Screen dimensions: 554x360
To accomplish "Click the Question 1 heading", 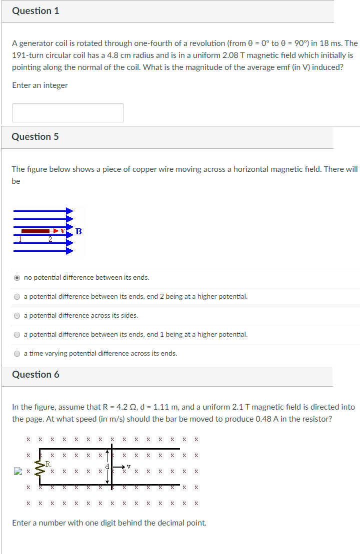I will (35, 11).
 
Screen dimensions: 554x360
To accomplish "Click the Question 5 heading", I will (35, 137).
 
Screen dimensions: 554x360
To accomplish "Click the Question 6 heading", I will (35, 375).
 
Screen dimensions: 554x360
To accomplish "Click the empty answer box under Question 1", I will (68, 113).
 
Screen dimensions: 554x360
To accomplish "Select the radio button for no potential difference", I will (17, 277).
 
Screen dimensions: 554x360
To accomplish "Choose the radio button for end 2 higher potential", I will (17, 296).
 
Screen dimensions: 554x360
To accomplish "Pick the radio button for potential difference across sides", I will (17, 315).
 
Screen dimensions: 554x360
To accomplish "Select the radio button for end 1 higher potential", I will (17, 334).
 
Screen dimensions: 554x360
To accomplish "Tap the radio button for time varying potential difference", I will (17, 353).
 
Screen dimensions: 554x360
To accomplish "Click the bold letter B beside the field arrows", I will (78, 231).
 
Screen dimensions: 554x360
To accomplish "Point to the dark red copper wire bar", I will (35, 231).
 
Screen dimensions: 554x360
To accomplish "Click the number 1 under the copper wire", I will (20, 239).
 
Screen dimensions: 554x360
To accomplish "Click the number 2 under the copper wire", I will (50, 239).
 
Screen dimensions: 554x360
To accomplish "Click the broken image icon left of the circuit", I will (18, 471).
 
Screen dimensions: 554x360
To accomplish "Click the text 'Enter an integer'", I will (40, 85).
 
